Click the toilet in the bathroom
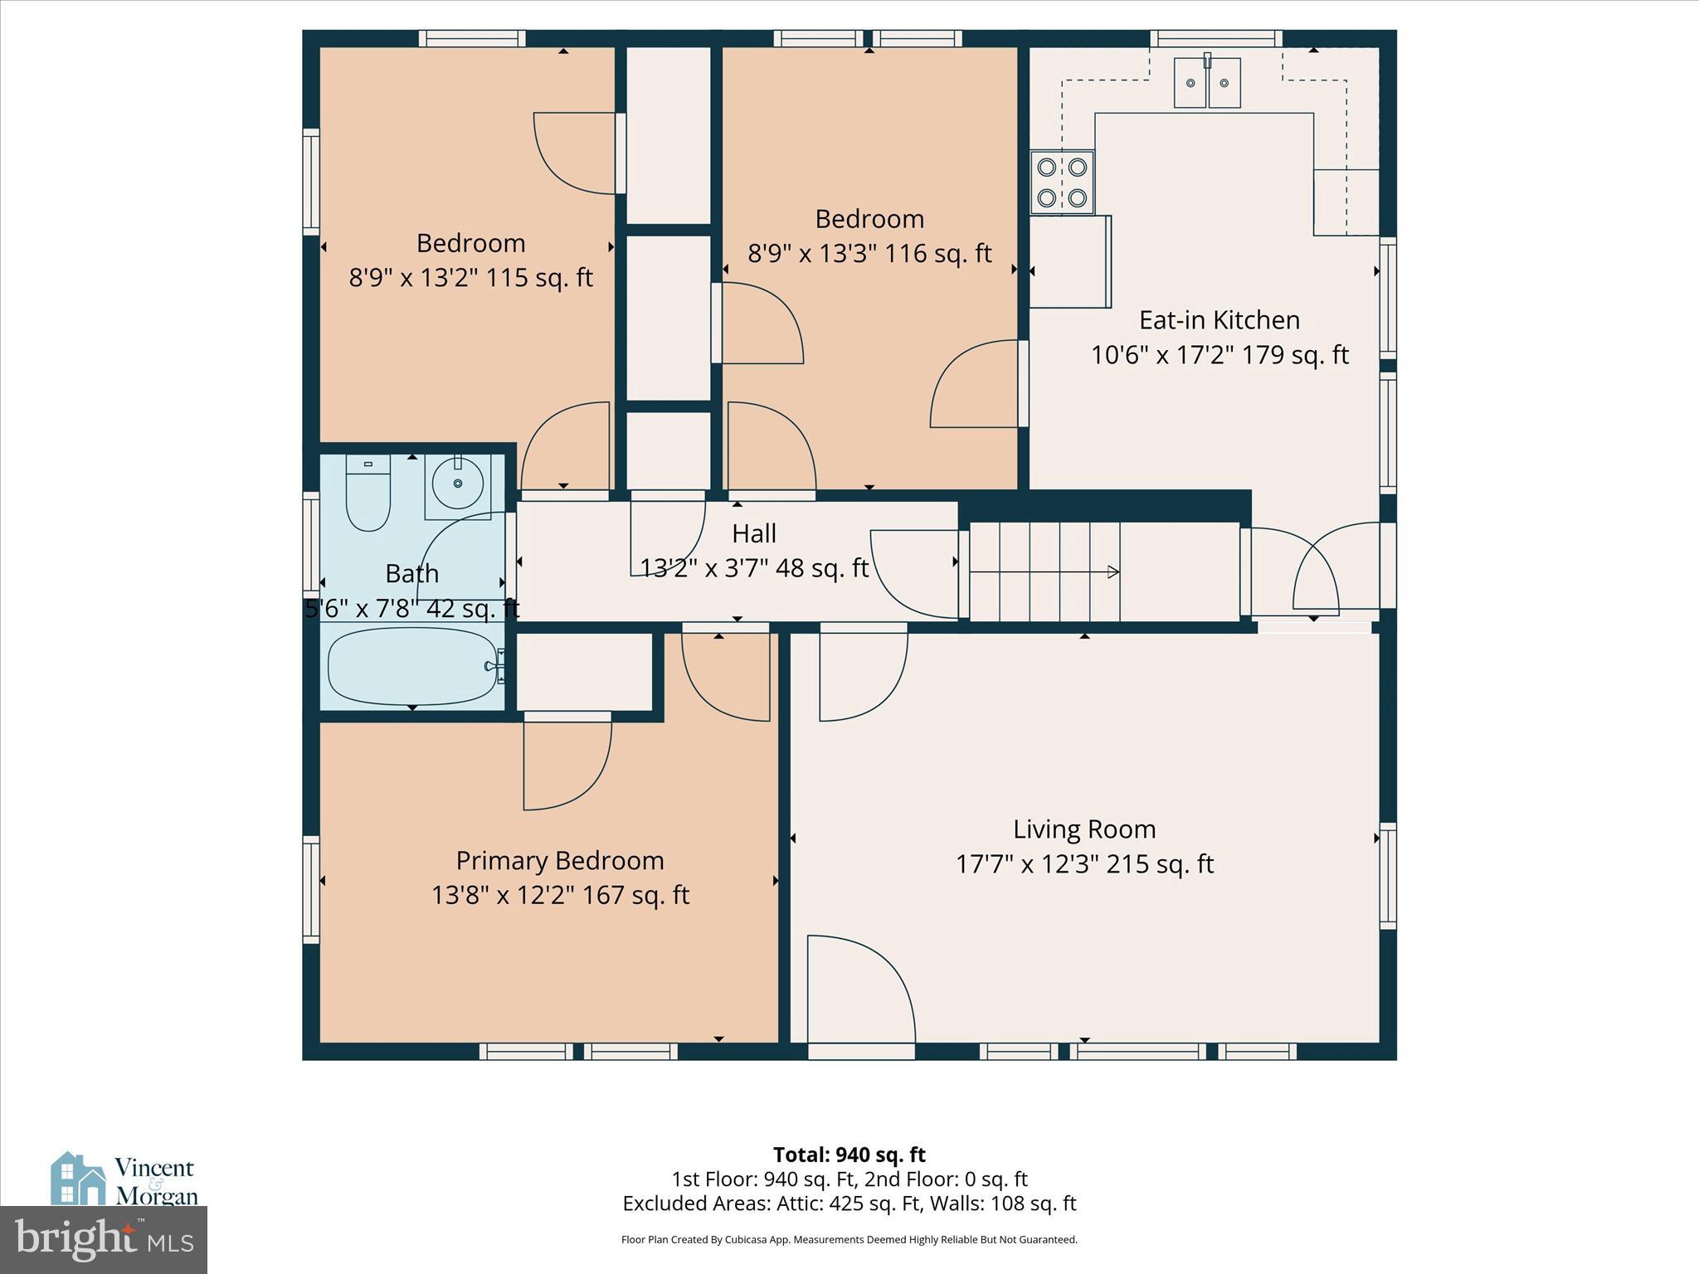click(x=368, y=494)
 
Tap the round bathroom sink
click(x=457, y=483)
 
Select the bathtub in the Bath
click(x=412, y=666)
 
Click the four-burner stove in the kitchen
click(x=1062, y=182)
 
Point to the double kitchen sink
click(x=1207, y=83)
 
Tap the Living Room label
click(x=1084, y=829)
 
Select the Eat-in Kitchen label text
click(x=1219, y=320)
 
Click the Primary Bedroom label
click(x=560, y=861)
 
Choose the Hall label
click(x=754, y=533)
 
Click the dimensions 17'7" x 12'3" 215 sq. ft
click(x=1084, y=864)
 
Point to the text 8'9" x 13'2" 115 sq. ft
click(x=470, y=277)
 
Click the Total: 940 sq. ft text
click(x=849, y=1155)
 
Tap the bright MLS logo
click(x=104, y=1239)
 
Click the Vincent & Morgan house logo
click(x=79, y=1178)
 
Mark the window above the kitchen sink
click(x=1215, y=38)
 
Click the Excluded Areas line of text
click(x=849, y=1203)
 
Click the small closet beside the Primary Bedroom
click(x=585, y=672)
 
